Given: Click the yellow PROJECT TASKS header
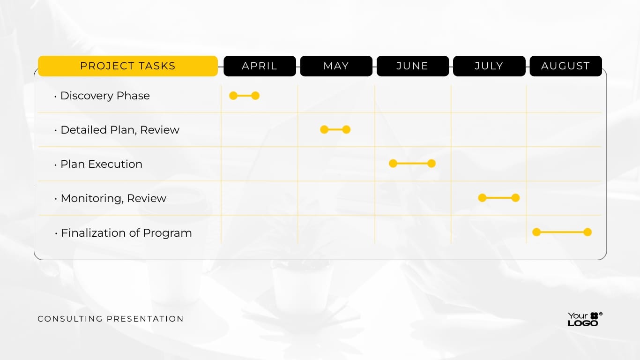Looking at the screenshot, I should pos(127,66).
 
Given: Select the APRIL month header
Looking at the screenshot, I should pos(260,66).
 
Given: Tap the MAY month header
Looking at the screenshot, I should pos(336,66).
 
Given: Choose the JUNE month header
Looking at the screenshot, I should pos(412,66).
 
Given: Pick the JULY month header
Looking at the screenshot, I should pos(489,66).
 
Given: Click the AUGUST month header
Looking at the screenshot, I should pos(566,66).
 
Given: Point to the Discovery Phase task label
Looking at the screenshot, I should pos(105,96).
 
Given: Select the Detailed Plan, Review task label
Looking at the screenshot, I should pos(119,130).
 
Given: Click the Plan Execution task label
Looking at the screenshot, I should pos(101,164).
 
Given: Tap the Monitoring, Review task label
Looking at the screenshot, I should pos(113,198).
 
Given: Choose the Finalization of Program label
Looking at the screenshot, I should pos(126,233).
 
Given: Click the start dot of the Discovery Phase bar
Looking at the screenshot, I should pos(233,96).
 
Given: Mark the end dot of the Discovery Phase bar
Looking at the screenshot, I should pos(255,96).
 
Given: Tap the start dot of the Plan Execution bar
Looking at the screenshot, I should pos(393,164).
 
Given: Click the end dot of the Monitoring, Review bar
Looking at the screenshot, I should pos(515,198).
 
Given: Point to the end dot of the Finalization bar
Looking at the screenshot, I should pos(588,232).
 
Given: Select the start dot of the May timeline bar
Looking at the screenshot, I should pos(324,130).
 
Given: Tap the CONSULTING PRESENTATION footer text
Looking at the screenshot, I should pos(111,319).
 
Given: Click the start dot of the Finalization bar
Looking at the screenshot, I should pos(536,232).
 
